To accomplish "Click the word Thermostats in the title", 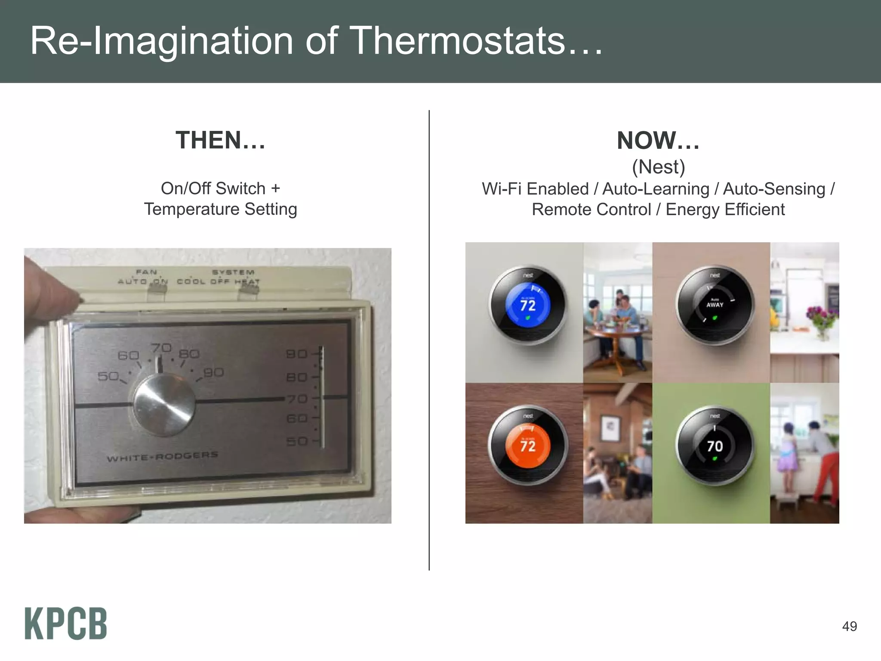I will tap(459, 41).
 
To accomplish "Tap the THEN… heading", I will tap(220, 140).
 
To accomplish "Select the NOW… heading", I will tap(658, 140).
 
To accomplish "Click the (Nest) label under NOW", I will tap(658, 167).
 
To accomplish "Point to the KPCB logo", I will tap(66, 624).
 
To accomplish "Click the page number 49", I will tap(849, 626).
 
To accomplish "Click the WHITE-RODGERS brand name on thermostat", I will tap(163, 457).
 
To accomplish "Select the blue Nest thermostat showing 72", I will tap(528, 305).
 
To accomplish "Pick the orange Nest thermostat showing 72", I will tap(528, 446).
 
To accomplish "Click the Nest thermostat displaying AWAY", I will tap(715, 305).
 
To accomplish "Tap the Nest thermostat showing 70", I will tap(715, 446).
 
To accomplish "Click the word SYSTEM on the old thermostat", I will tap(233, 272).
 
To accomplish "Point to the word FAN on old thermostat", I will tap(146, 272).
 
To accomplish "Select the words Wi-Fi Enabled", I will tap(535, 189).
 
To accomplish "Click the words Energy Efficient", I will tap(725, 210).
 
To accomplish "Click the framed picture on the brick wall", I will tap(610, 428).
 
